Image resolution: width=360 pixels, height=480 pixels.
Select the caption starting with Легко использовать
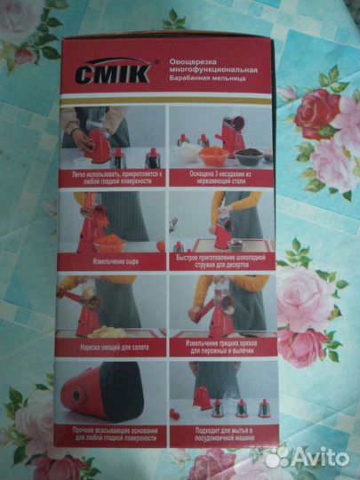click(x=111, y=179)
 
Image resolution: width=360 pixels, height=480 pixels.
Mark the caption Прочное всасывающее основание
click(x=110, y=435)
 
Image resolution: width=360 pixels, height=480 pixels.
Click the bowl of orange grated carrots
click(x=211, y=154)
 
